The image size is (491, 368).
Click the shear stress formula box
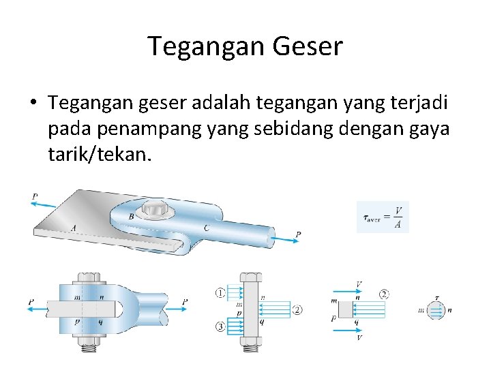[383, 217]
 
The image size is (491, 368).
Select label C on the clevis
[206, 228]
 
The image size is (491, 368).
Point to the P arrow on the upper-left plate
[44, 202]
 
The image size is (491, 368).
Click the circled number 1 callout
[220, 293]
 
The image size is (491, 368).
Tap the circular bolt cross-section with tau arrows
[437, 310]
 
